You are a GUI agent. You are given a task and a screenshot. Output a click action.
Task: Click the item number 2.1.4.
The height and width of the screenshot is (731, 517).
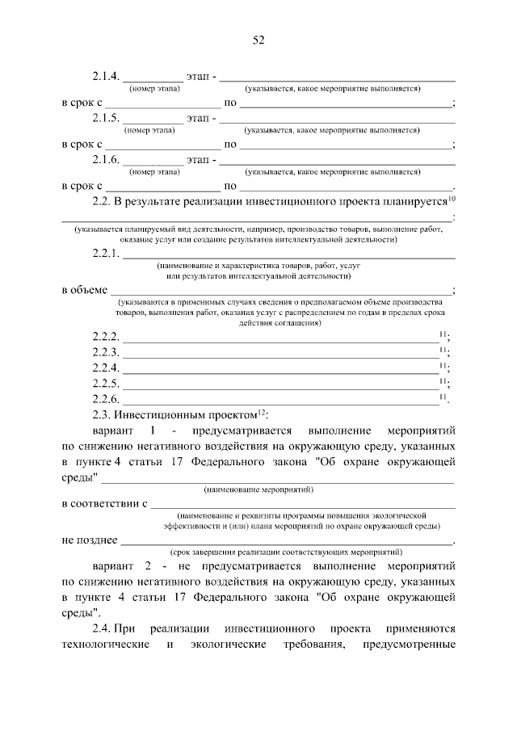(106, 78)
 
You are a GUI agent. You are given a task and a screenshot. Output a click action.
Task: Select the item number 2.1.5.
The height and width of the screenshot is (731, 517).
(106, 119)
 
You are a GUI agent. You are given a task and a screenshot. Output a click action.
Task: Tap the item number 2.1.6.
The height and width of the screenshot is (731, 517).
(106, 160)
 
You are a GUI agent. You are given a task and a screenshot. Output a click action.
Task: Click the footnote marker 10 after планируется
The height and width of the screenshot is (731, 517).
(452, 197)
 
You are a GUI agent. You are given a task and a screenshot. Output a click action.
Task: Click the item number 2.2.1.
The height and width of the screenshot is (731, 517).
(106, 254)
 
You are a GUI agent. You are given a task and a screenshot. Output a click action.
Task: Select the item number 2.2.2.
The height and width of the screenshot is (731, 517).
(106, 336)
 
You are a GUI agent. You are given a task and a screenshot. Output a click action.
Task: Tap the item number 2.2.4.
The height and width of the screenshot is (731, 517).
(106, 368)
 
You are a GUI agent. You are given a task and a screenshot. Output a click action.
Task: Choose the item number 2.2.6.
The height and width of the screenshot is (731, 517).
(106, 399)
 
